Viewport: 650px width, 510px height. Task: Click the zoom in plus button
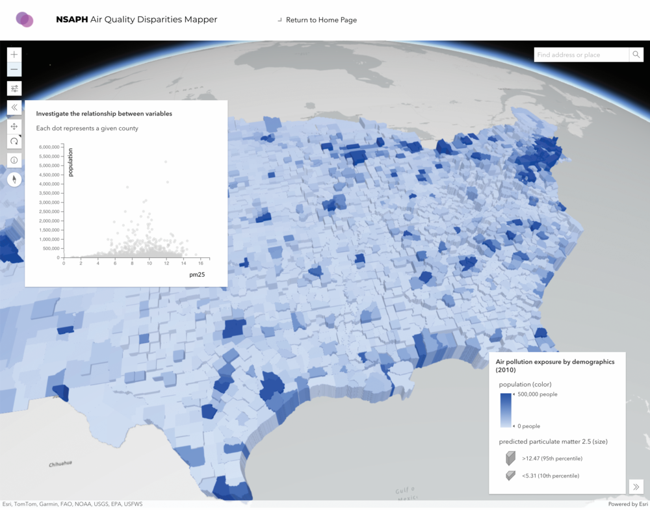pos(14,55)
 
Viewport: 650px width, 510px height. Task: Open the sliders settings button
pos(14,88)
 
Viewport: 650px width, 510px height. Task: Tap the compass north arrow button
pos(14,179)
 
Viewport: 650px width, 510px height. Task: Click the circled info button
pos(14,160)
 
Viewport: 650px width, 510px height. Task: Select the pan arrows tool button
pos(14,127)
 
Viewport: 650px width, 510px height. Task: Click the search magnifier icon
pos(636,55)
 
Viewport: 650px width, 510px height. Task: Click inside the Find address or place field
pos(581,55)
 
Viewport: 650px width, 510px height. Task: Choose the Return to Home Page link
pos(321,20)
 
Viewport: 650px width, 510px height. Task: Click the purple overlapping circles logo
pos(25,19)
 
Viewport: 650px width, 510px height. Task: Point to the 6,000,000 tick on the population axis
pos(50,147)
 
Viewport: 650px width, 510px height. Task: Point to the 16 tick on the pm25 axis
pos(201,262)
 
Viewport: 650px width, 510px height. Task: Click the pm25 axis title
pos(197,275)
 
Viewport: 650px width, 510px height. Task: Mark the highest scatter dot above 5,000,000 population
pos(166,162)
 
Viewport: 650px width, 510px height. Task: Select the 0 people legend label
pos(528,426)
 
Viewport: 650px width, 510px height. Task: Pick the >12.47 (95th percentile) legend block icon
pos(511,459)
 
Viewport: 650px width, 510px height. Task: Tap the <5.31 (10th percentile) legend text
pos(551,476)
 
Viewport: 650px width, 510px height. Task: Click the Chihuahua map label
pos(60,464)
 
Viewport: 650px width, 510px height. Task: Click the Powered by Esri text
pos(627,504)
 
